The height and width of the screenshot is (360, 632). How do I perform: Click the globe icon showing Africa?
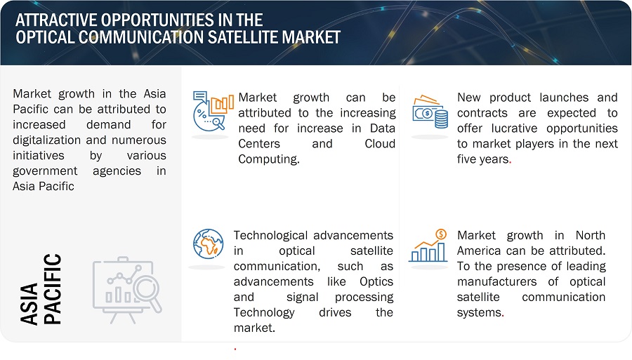(x=208, y=244)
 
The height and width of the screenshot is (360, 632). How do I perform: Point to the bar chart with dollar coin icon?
(x=428, y=245)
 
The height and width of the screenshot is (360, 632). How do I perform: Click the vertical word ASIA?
(x=29, y=304)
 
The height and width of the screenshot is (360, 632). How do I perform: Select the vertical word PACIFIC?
(x=53, y=288)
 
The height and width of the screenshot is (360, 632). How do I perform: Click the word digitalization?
(x=47, y=140)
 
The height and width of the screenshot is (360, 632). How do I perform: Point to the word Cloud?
(x=380, y=144)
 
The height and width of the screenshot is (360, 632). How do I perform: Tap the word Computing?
(x=269, y=159)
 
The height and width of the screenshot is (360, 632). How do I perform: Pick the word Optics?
(x=376, y=282)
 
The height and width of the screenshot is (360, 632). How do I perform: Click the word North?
(x=590, y=236)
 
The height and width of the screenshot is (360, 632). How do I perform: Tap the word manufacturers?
(x=496, y=282)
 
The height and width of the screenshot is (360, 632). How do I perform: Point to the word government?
(x=45, y=171)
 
